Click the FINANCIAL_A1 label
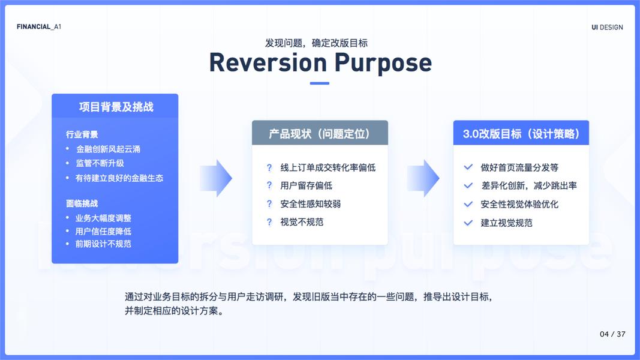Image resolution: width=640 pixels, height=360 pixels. [39, 27]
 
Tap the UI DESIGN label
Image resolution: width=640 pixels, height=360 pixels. [607, 28]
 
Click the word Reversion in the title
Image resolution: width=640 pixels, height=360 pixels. [268, 63]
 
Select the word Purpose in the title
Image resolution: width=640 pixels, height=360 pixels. [383, 64]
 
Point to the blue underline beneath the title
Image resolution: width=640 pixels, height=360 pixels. [320, 83]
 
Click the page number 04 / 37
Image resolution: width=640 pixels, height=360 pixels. [612, 334]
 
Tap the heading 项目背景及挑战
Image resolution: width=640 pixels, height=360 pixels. [116, 107]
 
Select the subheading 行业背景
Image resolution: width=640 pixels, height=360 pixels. [82, 134]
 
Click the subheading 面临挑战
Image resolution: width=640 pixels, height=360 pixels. [82, 203]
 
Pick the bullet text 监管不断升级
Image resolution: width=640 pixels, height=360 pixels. [100, 163]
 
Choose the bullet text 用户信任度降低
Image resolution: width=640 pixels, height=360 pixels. [103, 232]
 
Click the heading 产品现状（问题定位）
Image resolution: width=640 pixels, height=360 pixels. [320, 133]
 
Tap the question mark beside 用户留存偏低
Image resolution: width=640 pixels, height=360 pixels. [269, 186]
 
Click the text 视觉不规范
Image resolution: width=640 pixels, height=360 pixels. [302, 222]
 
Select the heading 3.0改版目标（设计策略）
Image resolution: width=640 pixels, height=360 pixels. [521, 133]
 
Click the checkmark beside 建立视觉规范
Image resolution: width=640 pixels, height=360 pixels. [468, 223]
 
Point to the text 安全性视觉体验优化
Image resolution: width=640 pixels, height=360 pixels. [519, 204]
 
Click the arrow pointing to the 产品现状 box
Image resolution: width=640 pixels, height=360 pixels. [216, 178]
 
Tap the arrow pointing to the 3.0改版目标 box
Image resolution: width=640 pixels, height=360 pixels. [423, 178]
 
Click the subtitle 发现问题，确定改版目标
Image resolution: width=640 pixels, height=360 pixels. [316, 43]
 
